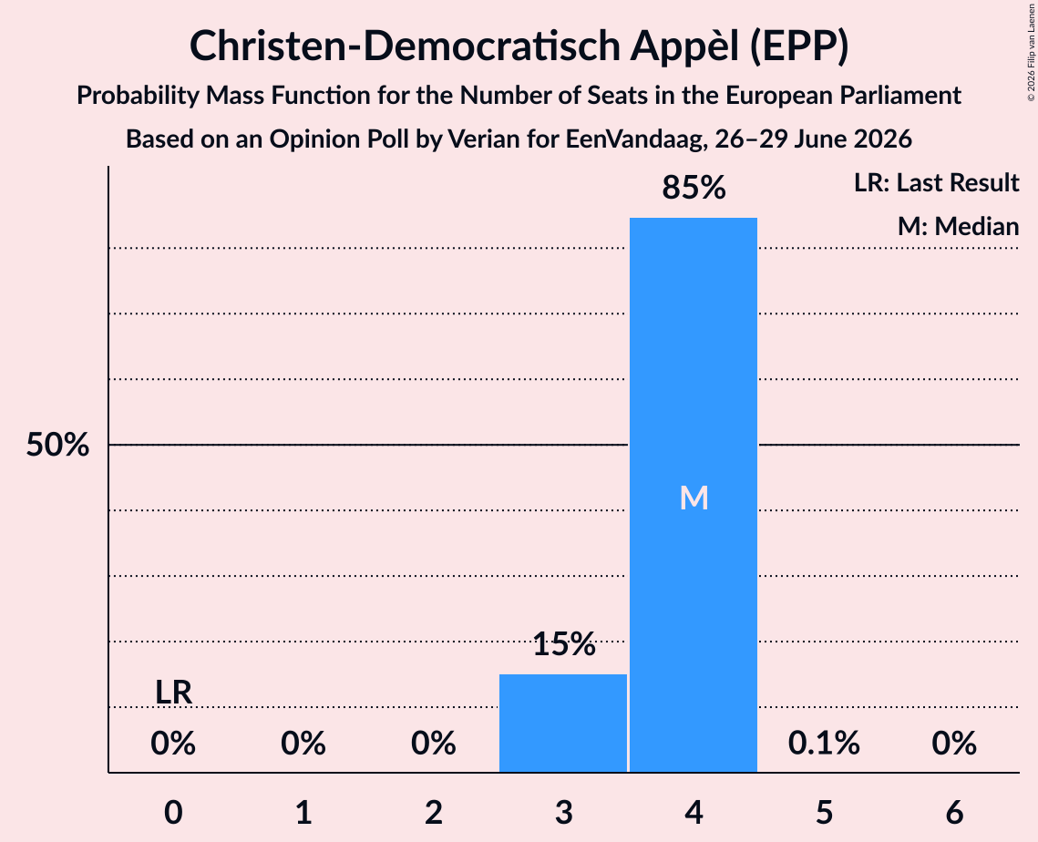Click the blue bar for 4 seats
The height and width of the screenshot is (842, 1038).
click(694, 495)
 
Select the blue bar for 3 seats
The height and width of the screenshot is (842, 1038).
click(562, 723)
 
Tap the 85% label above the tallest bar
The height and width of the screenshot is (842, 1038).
click(694, 188)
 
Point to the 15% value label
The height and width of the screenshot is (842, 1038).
click(564, 643)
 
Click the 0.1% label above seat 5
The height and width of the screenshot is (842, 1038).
click(824, 743)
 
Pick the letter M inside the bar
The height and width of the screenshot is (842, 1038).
click(694, 498)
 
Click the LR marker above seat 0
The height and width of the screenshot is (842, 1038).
click(173, 693)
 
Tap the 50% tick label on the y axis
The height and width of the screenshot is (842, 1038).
click(57, 445)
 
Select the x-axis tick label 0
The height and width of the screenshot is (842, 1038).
click(173, 812)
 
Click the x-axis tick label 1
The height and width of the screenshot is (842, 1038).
click(303, 812)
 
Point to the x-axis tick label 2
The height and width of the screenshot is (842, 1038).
click(434, 812)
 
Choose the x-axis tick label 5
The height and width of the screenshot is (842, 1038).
click(824, 812)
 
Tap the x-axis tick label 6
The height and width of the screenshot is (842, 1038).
click(954, 812)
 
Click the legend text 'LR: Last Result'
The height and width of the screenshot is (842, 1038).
click(937, 182)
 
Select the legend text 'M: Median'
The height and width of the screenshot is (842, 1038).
click(959, 226)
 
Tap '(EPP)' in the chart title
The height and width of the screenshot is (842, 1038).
click(799, 46)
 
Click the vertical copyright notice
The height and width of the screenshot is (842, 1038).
click(1031, 53)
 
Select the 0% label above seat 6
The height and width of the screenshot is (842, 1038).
click(954, 743)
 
